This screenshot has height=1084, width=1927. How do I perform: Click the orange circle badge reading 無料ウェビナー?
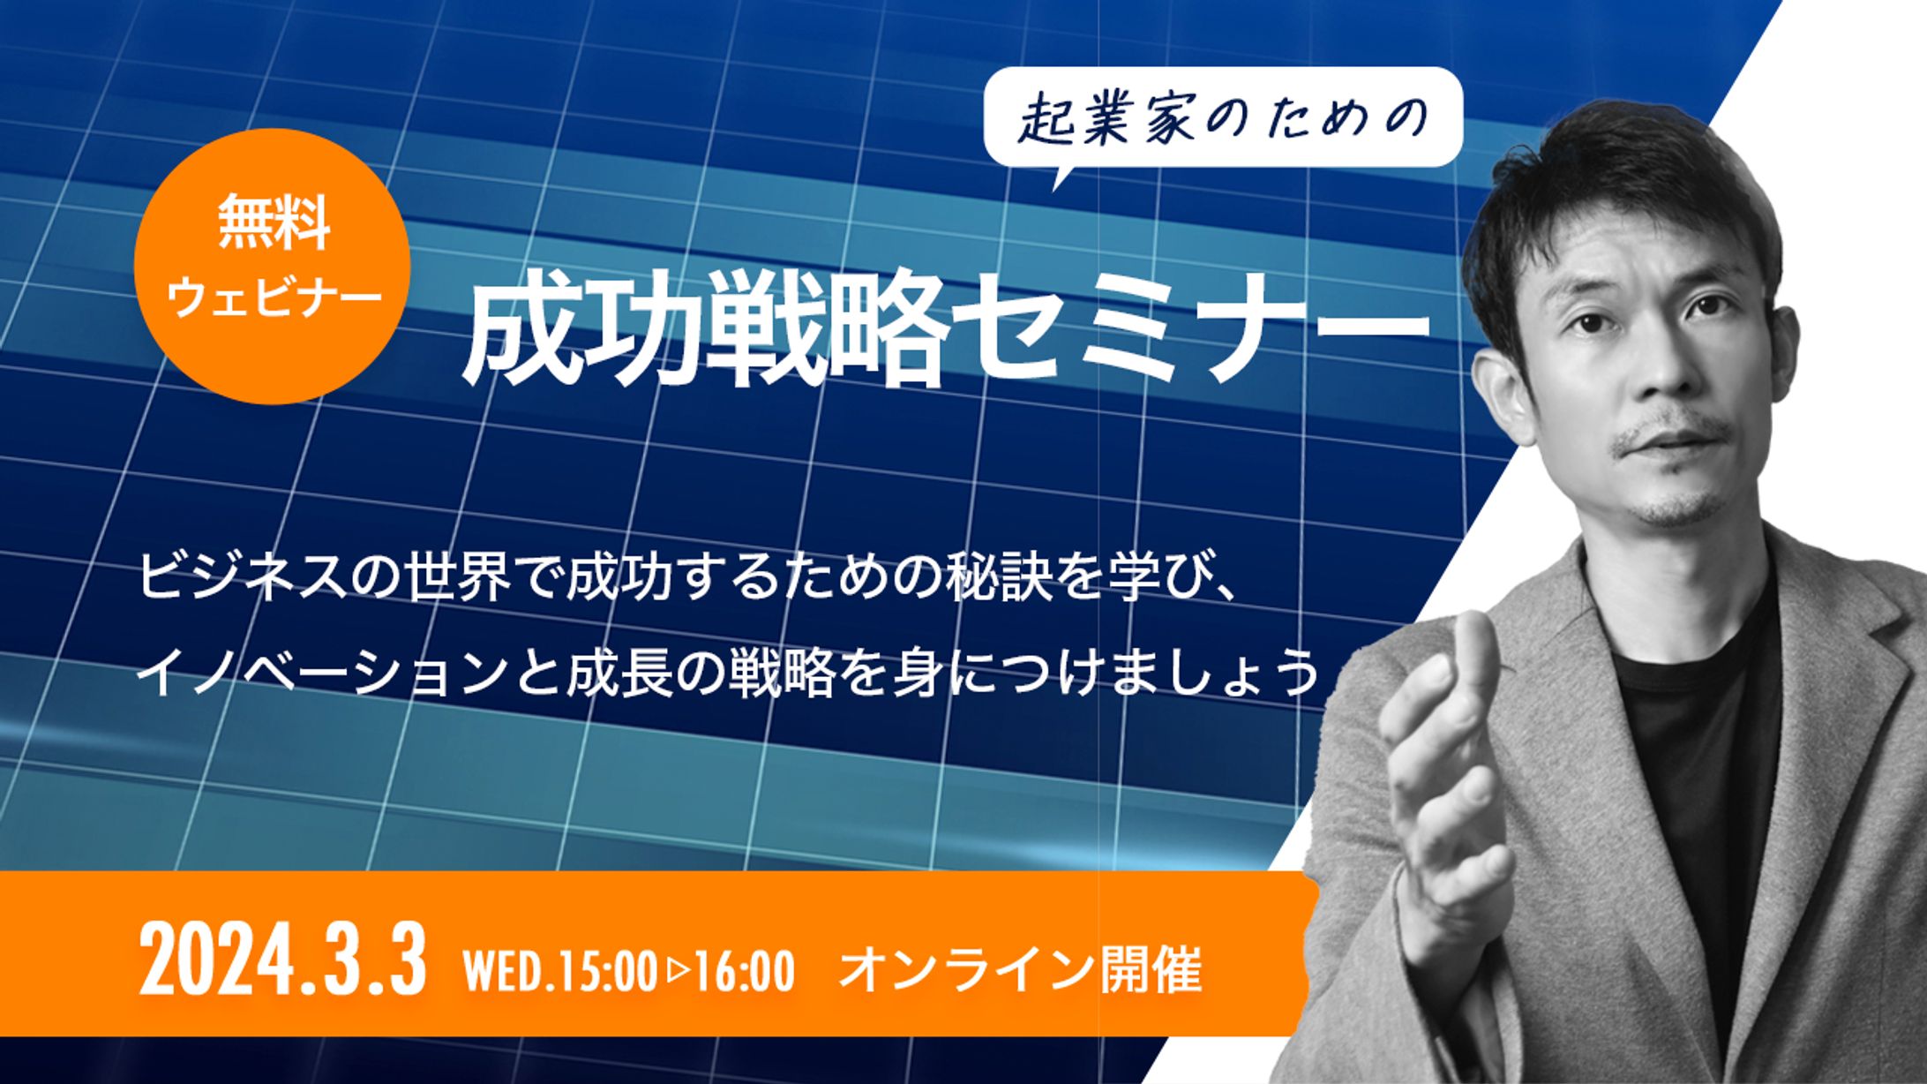[x=272, y=267]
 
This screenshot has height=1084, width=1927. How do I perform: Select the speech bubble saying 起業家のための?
[x=1223, y=119]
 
